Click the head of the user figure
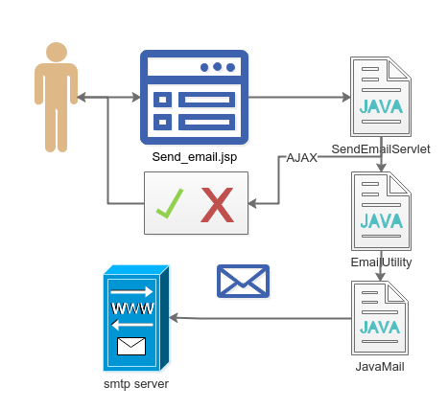pyautogui.click(x=57, y=52)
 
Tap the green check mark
pyautogui.click(x=170, y=203)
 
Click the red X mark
pyautogui.click(x=218, y=205)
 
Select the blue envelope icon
pyautogui.click(x=243, y=281)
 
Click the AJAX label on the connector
pyautogui.click(x=301, y=157)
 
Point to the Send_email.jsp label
pyautogui.click(x=195, y=157)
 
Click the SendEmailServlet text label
pyautogui.click(x=381, y=149)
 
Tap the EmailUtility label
pyautogui.click(x=381, y=262)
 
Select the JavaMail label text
pyautogui.click(x=380, y=366)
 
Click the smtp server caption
pyautogui.click(x=136, y=384)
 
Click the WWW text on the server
pyautogui.click(x=132, y=308)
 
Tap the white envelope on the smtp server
pyautogui.click(x=131, y=346)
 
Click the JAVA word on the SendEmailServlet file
pyautogui.click(x=381, y=106)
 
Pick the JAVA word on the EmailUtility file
pyautogui.click(x=381, y=221)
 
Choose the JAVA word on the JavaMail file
pyautogui.click(x=380, y=328)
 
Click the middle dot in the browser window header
pyautogui.click(x=217, y=67)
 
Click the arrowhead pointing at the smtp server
pyautogui.click(x=173, y=318)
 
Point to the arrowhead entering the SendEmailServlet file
pyautogui.click(x=346, y=97)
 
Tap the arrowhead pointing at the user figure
pyautogui.click(x=82, y=97)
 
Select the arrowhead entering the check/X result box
pyautogui.click(x=252, y=203)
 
